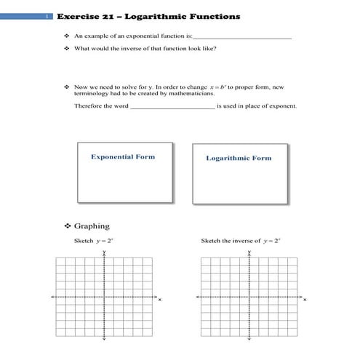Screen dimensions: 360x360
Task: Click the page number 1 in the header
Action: pos(47,17)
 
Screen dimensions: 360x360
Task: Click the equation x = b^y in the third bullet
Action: pos(217,87)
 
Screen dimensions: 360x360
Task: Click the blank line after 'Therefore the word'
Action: pos(172,107)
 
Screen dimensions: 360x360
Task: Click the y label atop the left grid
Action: pos(105,252)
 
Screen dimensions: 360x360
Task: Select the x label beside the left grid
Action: pos(161,300)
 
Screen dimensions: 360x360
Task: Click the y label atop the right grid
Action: pos(249,252)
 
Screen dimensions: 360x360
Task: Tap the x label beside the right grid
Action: pos(305,300)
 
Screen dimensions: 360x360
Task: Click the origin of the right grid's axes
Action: pos(249,297)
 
